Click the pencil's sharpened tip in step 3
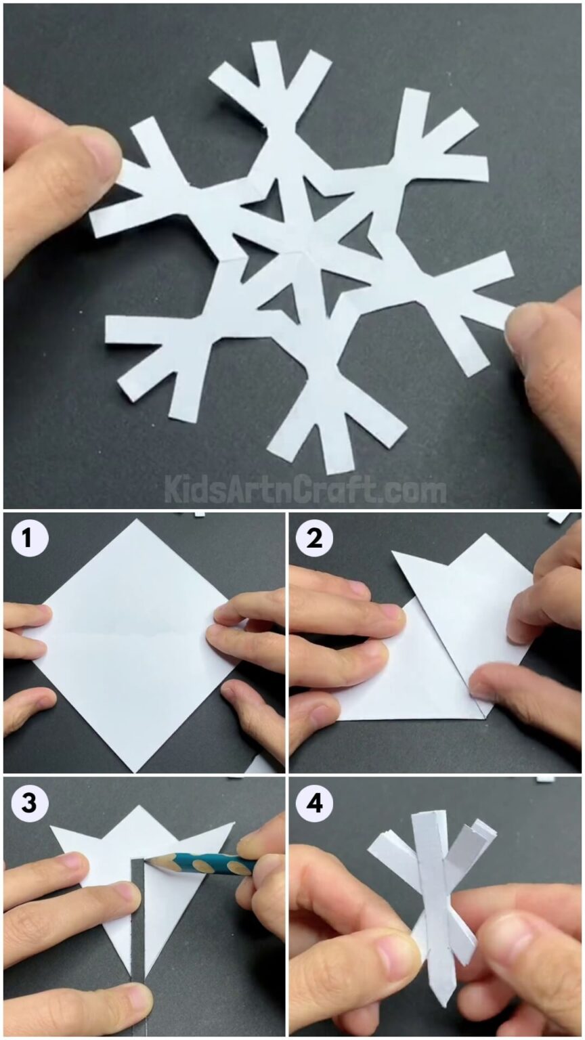148,861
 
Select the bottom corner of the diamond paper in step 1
135,770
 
